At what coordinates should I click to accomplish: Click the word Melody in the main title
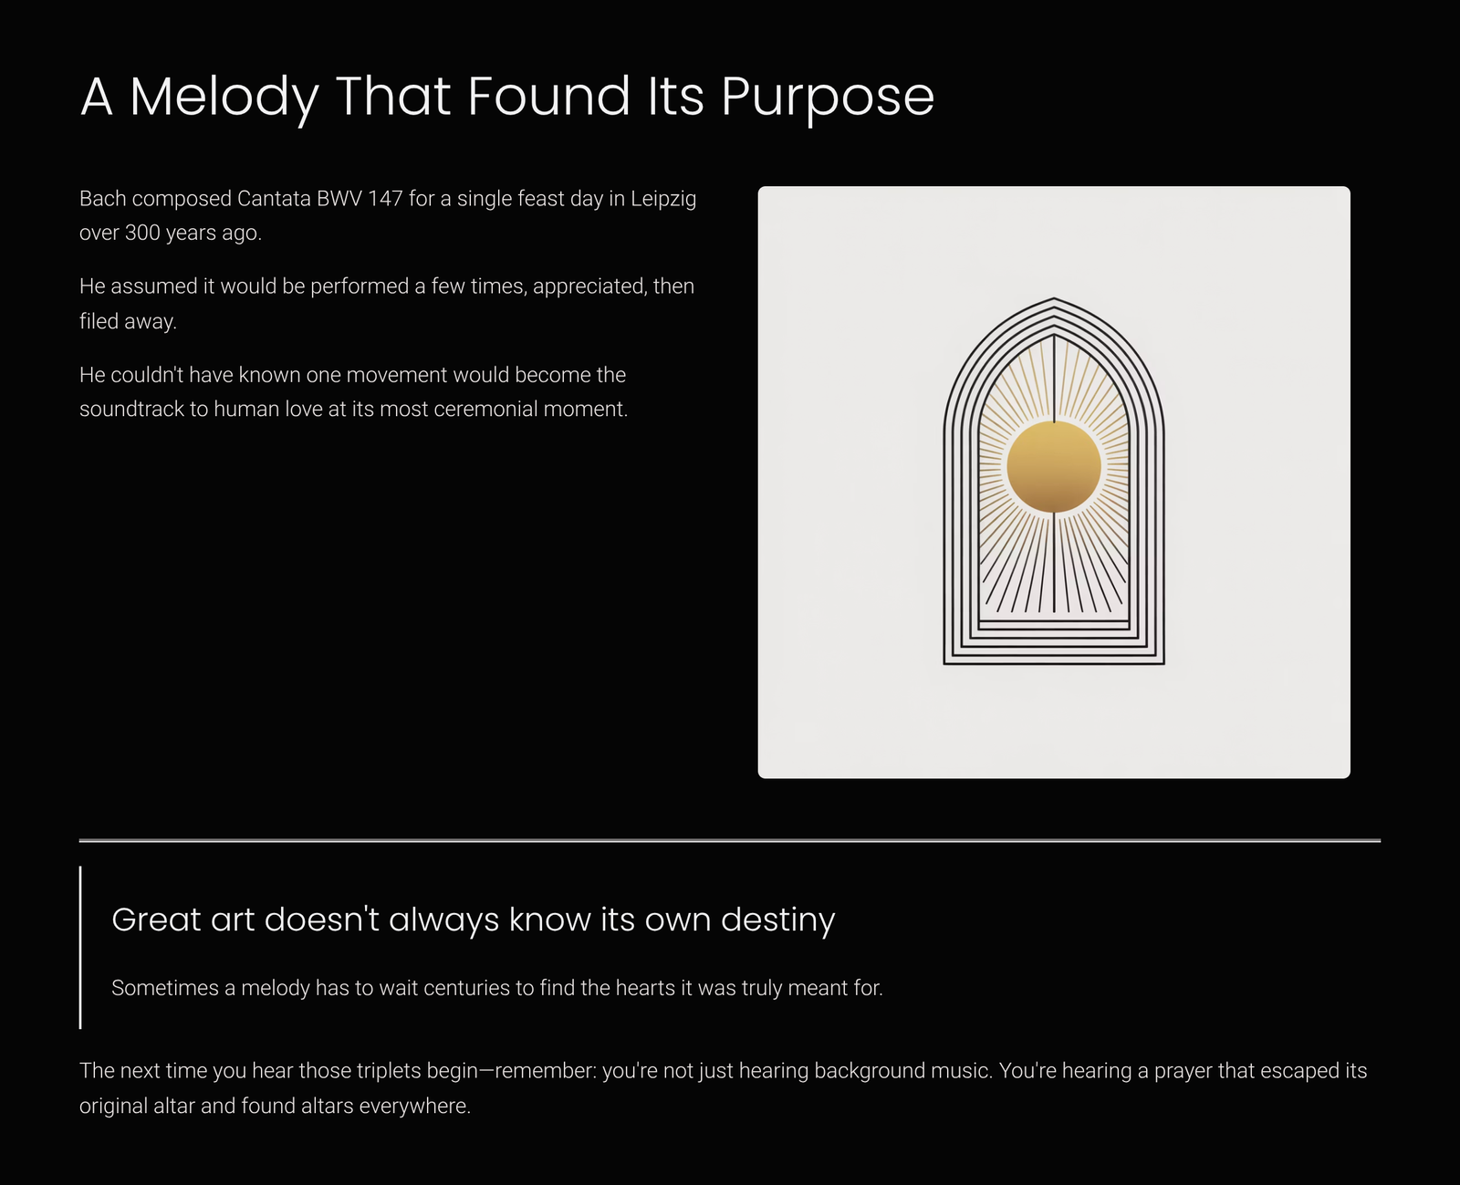(224, 98)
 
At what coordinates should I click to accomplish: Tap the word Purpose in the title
(828, 98)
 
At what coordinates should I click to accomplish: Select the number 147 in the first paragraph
(385, 199)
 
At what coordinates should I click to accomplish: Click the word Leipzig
(662, 200)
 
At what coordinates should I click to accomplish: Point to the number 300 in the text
(142, 233)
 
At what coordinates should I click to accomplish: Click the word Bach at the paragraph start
(103, 199)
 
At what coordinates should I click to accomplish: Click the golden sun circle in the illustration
(1054, 466)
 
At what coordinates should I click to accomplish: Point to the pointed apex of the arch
(1054, 298)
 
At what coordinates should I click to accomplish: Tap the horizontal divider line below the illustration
(730, 840)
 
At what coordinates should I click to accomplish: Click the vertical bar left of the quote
(81, 947)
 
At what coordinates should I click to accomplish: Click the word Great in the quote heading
(156, 920)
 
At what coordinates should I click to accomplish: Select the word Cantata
(274, 199)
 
